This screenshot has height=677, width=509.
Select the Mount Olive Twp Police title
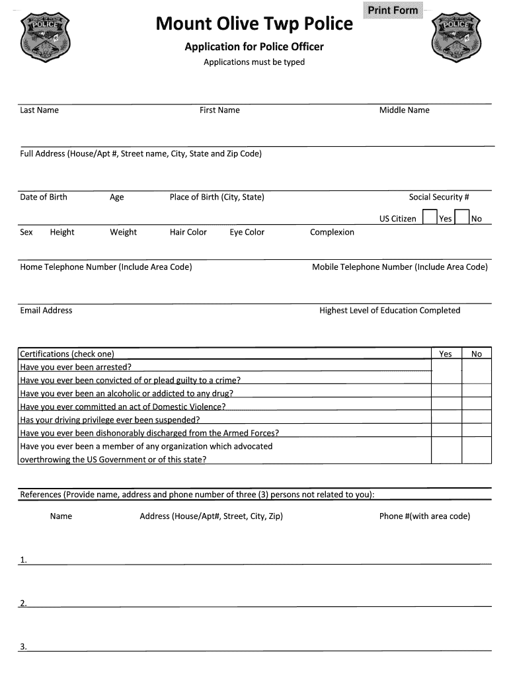coord(254,24)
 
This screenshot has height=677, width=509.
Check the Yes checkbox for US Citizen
coord(430,218)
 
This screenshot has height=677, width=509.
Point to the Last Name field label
coord(39,110)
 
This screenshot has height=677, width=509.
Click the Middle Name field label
coord(404,110)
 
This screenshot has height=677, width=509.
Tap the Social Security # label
coord(439,197)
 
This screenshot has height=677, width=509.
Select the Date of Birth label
coord(44,197)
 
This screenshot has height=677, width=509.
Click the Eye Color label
coord(247,232)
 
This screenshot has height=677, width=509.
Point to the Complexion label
coord(332,232)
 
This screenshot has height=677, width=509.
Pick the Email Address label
coord(46,310)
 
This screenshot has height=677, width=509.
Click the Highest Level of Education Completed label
coord(389,310)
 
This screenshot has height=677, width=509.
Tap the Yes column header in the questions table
coord(446,354)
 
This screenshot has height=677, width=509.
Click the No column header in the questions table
coord(477,354)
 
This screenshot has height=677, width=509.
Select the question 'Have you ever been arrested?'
coord(75,367)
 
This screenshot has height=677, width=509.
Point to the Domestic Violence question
coord(123,407)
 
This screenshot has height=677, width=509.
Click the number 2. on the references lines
coord(23,602)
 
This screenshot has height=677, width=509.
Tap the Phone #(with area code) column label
coord(424,516)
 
